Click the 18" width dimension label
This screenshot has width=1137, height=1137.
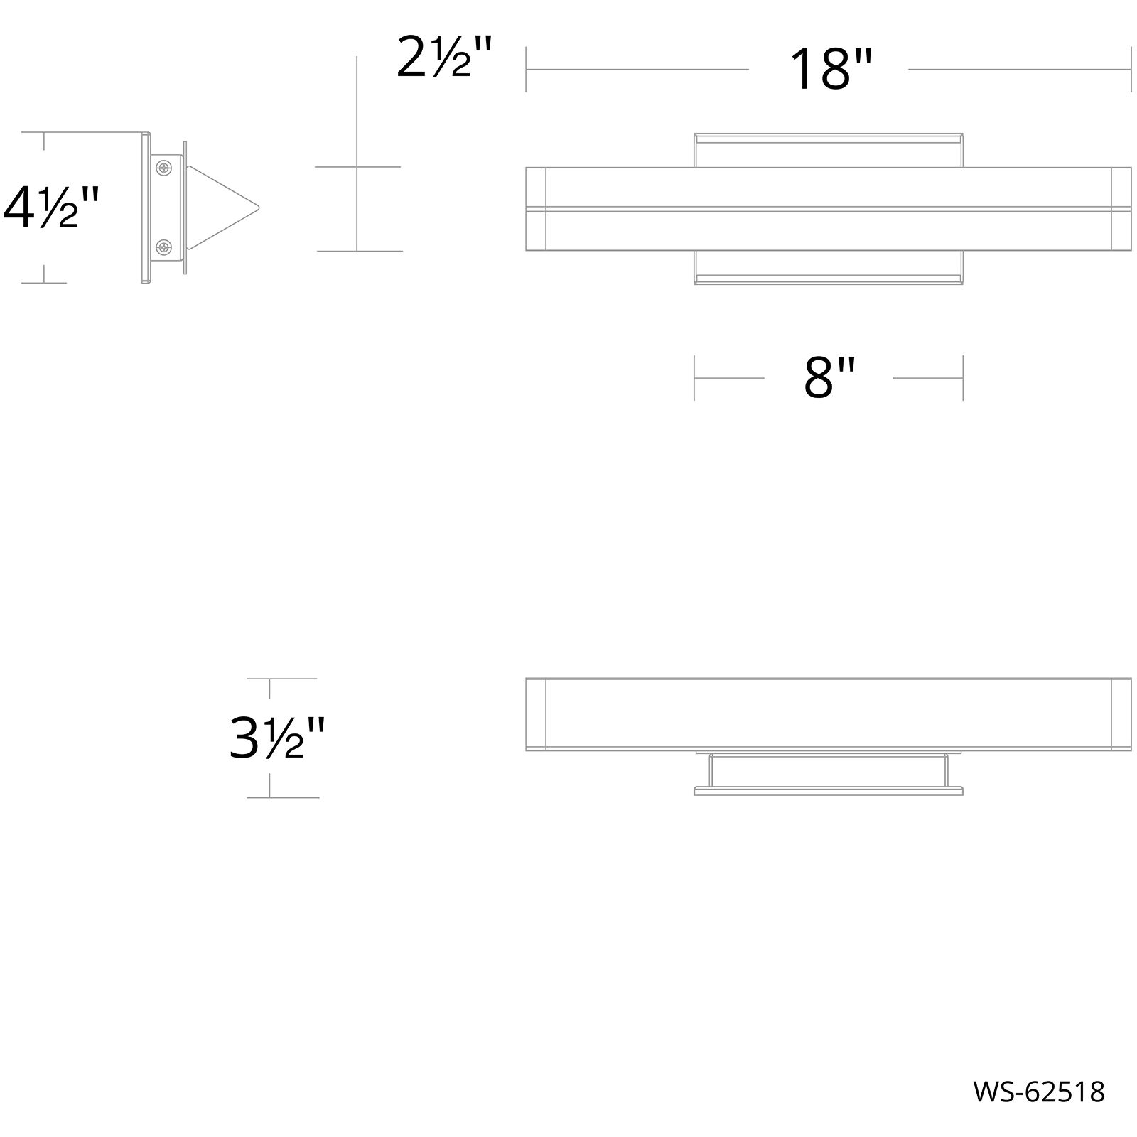(829, 70)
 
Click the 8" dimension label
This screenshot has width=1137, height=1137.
(829, 378)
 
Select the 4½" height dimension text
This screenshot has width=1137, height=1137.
(50, 208)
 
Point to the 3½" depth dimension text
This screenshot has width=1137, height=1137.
(277, 738)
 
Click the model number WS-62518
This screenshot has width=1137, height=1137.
(1038, 1092)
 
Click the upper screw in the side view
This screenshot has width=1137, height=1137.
(164, 168)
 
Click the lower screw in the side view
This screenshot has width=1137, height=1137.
(164, 247)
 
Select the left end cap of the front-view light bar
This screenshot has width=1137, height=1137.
(535, 208)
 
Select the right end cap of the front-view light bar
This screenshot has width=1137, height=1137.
(1121, 208)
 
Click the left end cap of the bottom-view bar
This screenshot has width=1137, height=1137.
(535, 714)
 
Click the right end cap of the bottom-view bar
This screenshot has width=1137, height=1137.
(1121, 714)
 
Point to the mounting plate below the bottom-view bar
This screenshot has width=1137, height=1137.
(829, 789)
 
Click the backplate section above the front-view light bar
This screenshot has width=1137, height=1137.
(829, 150)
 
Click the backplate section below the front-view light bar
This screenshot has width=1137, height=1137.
(829, 267)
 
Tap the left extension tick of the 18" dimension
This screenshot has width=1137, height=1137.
(526, 70)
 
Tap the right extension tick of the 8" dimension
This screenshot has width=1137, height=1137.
(963, 378)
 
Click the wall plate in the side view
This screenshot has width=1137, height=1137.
(146, 208)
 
